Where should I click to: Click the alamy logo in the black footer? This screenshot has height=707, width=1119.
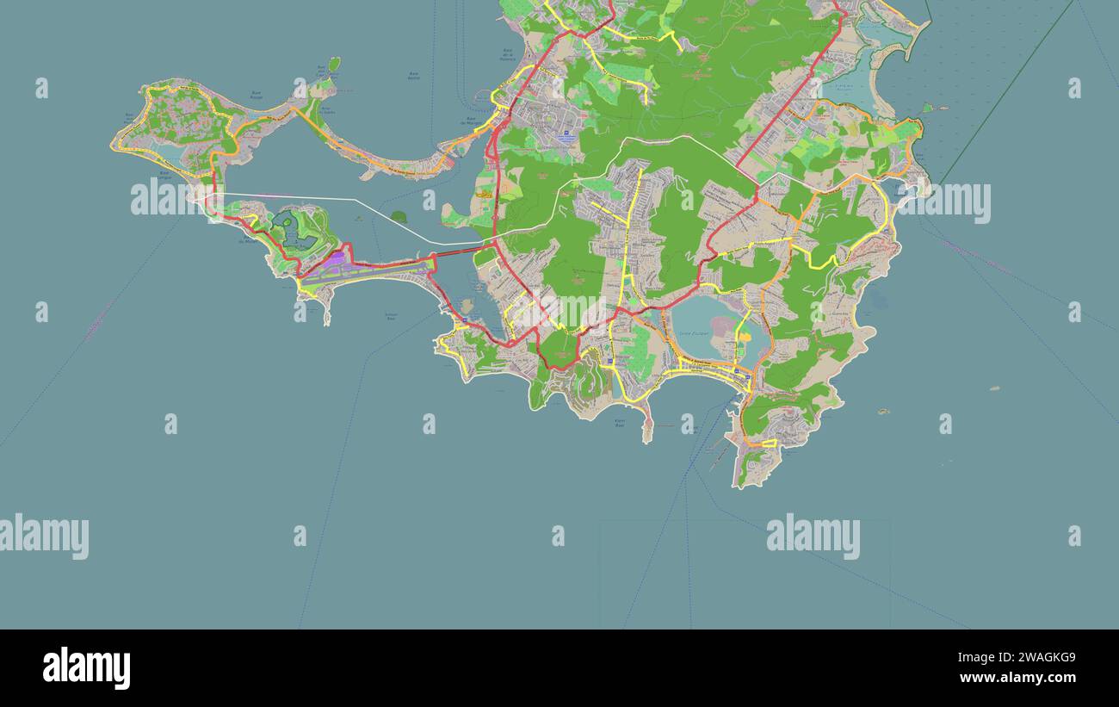[87, 668]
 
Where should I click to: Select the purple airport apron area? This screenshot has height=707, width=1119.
[331, 259]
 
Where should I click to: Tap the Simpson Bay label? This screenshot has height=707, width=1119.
[391, 316]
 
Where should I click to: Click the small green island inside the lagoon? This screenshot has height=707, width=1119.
[398, 217]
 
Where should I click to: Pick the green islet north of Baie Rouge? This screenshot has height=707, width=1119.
[333, 64]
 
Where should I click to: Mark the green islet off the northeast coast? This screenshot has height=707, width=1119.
[927, 108]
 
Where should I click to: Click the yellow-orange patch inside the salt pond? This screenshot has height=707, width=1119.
[742, 332]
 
